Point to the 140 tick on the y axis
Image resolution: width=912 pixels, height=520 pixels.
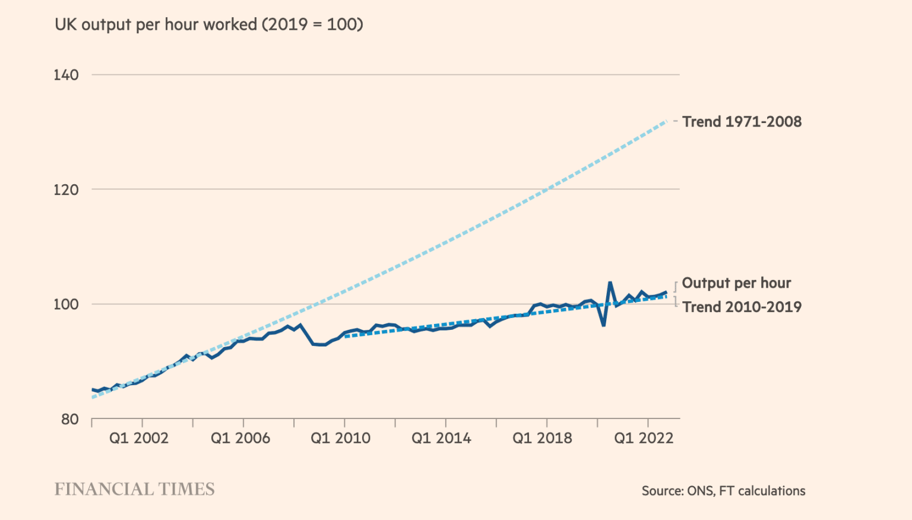pos(66,75)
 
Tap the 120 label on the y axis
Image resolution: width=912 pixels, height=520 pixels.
pos(66,190)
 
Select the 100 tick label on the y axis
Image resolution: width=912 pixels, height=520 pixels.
pos(66,304)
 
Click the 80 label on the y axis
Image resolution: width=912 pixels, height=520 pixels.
pos(69,420)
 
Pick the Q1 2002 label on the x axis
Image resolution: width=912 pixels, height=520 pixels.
pos(139,439)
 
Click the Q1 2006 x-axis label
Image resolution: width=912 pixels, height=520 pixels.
pos(240,439)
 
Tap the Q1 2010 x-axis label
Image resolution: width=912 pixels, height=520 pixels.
pos(341,439)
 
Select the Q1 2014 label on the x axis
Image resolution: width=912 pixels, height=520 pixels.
pos(441,439)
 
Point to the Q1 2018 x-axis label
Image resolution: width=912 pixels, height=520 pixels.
pos(542,439)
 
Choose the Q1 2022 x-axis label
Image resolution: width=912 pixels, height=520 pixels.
pos(644,439)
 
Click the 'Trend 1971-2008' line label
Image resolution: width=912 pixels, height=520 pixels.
pos(742,122)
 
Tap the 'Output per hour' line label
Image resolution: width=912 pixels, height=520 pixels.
pos(736,283)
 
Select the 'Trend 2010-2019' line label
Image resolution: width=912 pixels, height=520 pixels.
pos(742,307)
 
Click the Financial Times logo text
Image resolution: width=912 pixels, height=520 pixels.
pos(135,489)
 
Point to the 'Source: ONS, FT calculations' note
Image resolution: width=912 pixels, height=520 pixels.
pos(723,491)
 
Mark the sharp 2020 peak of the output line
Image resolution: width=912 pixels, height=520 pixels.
pos(610,283)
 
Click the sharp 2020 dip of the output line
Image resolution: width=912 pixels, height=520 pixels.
pos(603,325)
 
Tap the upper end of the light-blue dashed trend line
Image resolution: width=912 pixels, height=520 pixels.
pos(666,121)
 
